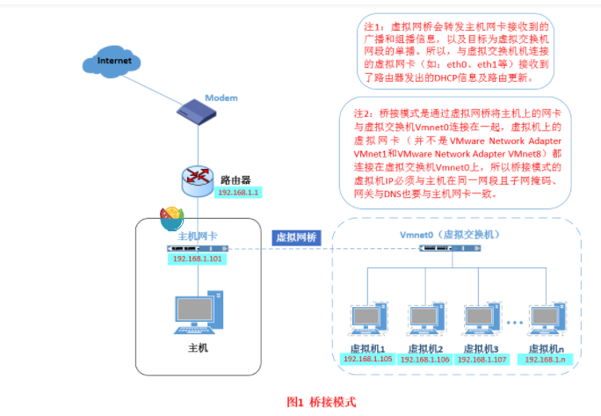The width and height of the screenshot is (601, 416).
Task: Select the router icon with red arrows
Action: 198,178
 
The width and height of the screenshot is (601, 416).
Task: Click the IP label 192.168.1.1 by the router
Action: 235,193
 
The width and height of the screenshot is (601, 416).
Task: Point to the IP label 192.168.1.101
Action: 198,259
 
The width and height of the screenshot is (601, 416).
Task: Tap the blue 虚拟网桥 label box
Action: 297,237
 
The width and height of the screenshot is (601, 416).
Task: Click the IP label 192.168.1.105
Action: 367,360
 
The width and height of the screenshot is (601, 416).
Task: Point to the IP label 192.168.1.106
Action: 426,360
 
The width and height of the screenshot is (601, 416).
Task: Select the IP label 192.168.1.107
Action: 484,360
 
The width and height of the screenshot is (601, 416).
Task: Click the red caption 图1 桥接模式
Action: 322,402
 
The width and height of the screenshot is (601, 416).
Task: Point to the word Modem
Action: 221,97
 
